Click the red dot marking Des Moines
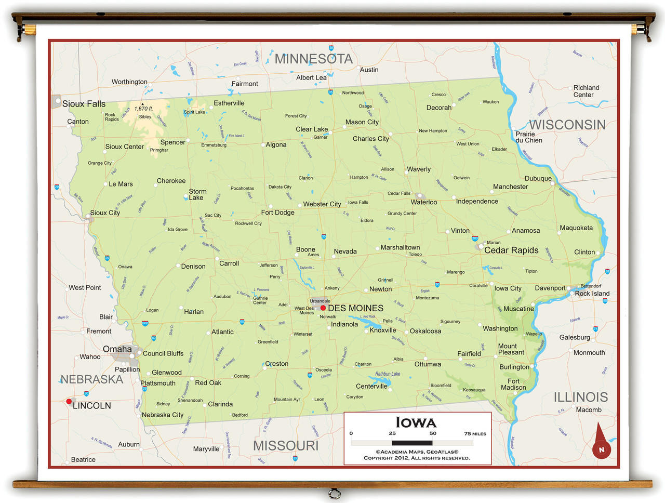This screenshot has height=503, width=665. pos(323,308)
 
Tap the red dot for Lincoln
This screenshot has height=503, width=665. pos(69,401)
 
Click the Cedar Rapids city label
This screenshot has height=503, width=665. pos(511,250)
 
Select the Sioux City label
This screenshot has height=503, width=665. pos(105,213)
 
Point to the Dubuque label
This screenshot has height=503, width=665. pos(538,178)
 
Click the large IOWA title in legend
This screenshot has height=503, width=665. pos(416,422)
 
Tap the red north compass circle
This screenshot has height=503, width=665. pos(602,449)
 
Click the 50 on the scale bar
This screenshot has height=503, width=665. pos(433,433)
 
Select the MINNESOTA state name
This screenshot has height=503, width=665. pos(313,59)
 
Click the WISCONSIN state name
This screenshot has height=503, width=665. pos(567,125)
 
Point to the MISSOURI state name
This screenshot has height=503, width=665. pos(285,445)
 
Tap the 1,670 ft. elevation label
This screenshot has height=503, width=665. pos(143,109)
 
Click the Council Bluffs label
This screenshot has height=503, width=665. pos(163,353)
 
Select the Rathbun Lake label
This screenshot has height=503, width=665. pos(388,374)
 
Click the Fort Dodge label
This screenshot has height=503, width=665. pos(277,213)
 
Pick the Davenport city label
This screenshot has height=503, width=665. pos(550,288)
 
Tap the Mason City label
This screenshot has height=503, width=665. pos(362,122)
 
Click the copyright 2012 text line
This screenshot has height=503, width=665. pos(417,458)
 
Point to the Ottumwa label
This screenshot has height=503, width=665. pos(428,364)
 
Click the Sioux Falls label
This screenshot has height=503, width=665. pos(84,104)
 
